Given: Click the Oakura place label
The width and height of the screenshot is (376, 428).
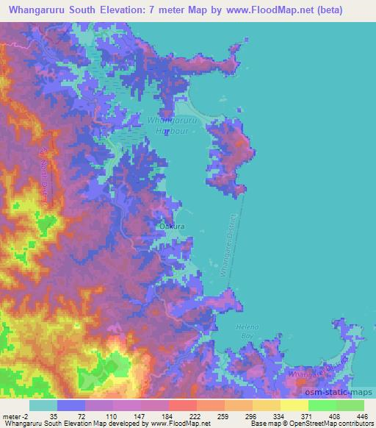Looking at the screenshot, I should [x=172, y=227].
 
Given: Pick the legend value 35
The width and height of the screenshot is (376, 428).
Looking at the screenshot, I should [x=54, y=415].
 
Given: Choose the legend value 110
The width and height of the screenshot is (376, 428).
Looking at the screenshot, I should [x=109, y=415].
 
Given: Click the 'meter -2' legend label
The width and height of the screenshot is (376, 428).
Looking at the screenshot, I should [x=15, y=415].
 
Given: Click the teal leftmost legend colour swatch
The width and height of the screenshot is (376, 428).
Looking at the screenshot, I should [x=43, y=405].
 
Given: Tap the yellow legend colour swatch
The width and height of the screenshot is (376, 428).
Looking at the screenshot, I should [x=294, y=405].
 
